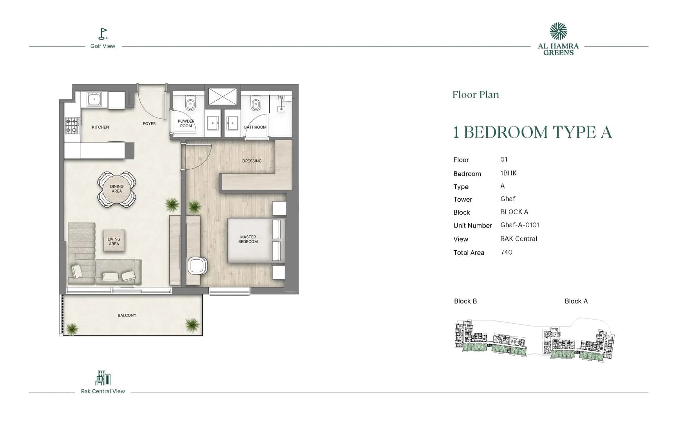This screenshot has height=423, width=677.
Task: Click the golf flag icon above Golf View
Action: point(103,34)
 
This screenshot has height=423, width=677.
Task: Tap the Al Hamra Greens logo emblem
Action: point(558,31)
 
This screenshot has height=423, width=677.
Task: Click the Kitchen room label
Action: point(100,127)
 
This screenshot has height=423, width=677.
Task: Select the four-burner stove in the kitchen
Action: point(72,125)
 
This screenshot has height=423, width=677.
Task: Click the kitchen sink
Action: point(94,99)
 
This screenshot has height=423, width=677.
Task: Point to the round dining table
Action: point(117,189)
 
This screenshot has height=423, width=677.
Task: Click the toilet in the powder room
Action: point(191,104)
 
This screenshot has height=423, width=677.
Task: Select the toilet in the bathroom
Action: point(256,104)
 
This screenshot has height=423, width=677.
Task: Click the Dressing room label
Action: point(252,161)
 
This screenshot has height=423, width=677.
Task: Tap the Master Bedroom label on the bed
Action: point(248,239)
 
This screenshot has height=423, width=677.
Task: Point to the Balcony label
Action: point(127,315)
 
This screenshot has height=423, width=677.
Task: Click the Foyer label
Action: point(149,124)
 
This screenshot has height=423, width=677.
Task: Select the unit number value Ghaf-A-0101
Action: point(520,225)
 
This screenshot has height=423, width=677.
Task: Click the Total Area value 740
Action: point(506,252)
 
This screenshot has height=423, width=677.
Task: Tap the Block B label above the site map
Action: point(465,301)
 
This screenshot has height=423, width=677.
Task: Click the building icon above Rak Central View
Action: point(103,378)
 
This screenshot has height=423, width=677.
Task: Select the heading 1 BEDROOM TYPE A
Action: point(532,132)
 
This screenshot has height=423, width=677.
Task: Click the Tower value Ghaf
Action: point(508,199)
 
